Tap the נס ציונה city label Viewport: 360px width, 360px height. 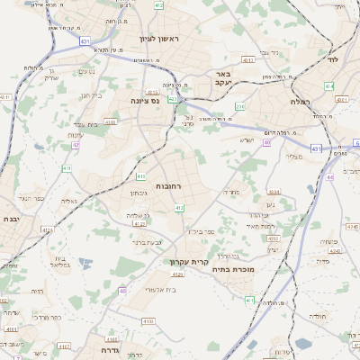(145, 101)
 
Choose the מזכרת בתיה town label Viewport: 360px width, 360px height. (233, 268)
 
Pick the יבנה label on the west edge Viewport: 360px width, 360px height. (11, 219)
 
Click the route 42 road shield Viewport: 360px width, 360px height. (76, 144)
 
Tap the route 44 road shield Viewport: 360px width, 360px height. (330, 177)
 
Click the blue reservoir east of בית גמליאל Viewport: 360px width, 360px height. (86, 264)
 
